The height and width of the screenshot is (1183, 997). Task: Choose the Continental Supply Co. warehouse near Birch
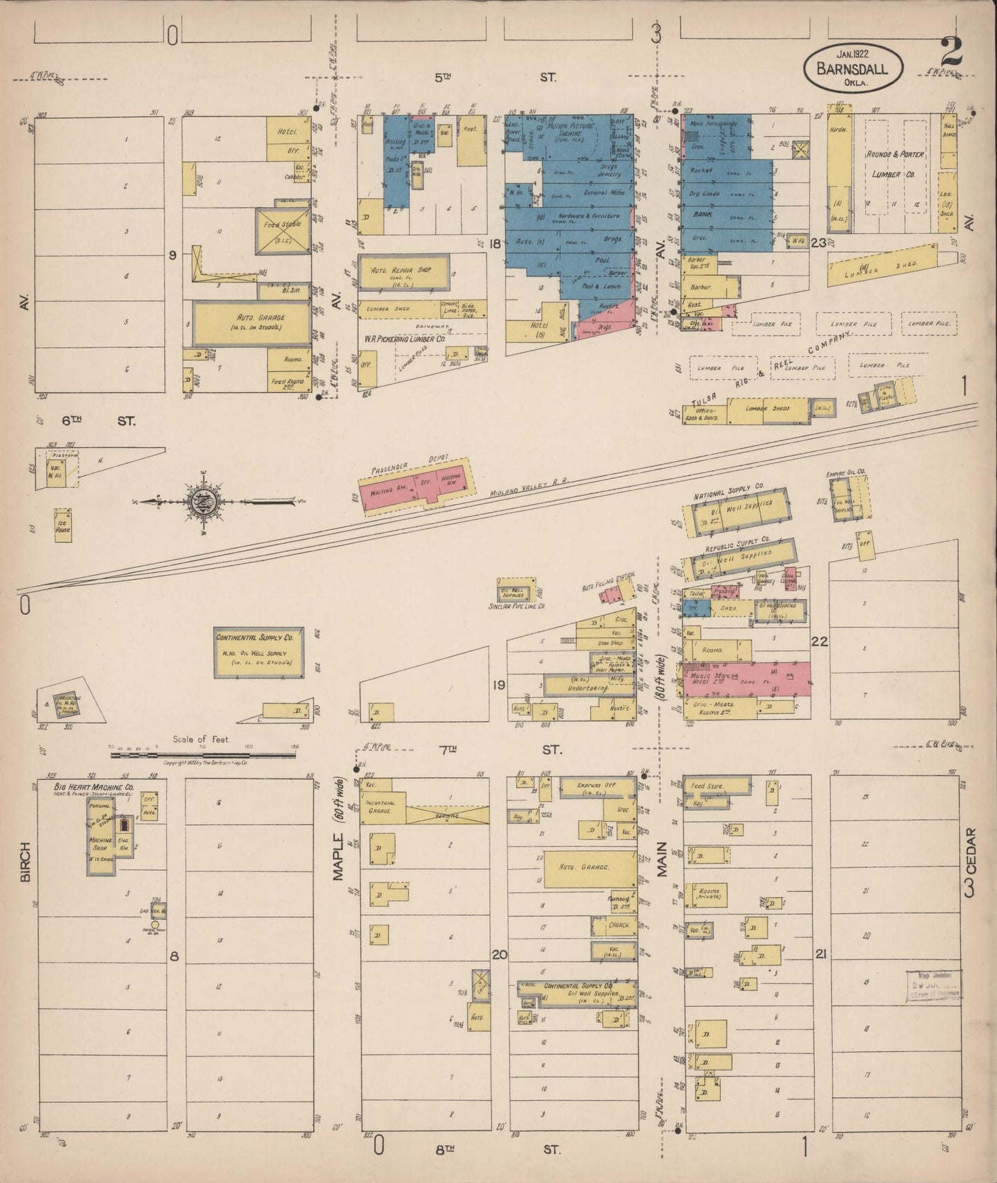258,652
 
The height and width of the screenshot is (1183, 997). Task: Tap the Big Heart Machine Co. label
94,787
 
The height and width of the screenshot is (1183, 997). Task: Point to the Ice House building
62,526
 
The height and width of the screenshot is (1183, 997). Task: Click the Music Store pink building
745,679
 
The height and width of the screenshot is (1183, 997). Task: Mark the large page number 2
952,51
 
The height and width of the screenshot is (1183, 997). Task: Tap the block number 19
500,685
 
